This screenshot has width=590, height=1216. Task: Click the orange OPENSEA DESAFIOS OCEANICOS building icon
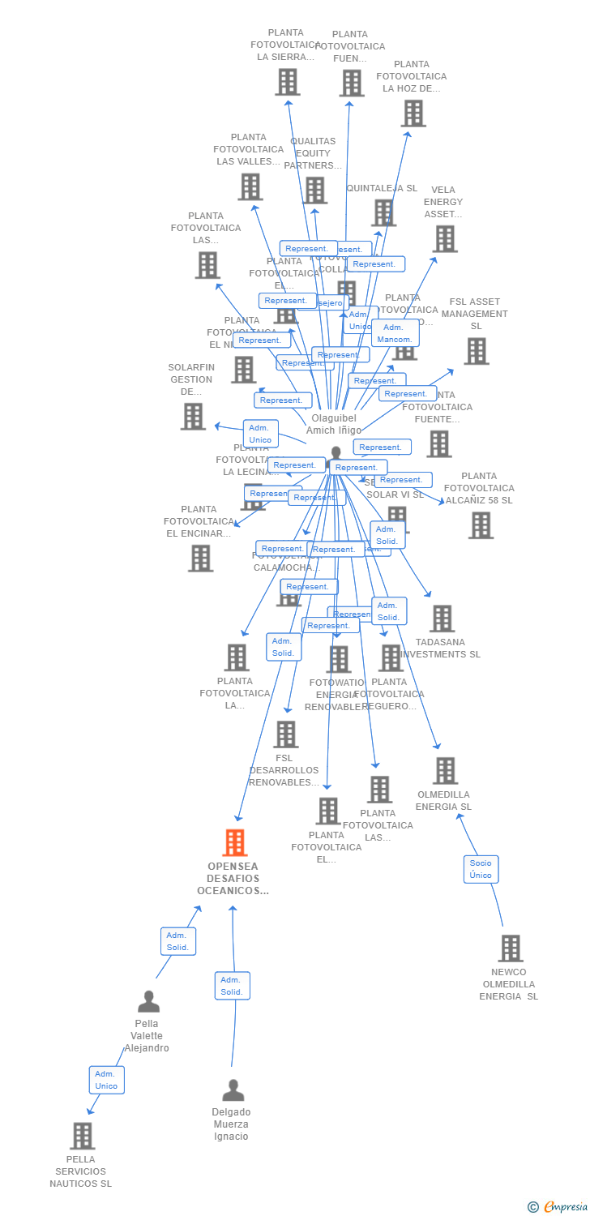point(234,843)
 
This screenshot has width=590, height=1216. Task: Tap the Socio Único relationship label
point(481,869)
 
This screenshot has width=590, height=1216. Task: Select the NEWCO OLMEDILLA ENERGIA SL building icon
point(510,948)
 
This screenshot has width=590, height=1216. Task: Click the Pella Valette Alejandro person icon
point(148,1002)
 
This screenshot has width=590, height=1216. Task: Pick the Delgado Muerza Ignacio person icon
point(233,1090)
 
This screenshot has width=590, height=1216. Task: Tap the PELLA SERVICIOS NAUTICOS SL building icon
point(82,1136)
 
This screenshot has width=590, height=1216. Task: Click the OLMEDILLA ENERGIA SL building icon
point(445,771)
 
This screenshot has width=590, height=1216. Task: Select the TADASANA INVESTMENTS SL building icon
point(442,619)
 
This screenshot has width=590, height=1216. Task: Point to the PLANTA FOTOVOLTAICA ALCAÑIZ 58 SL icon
point(481,525)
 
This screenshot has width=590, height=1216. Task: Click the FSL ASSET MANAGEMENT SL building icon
point(477,351)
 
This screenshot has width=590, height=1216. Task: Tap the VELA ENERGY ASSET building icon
point(445,239)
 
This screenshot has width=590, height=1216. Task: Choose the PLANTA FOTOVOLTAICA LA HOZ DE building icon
point(413,113)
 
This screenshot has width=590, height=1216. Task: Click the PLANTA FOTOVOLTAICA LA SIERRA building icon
point(287,82)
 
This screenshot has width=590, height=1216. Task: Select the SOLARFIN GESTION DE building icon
point(193,416)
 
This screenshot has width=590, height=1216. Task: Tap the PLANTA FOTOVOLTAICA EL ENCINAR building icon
point(200,558)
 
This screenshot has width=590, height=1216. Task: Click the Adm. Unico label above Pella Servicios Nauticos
point(106,1080)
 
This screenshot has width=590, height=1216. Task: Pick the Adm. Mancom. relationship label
point(395,333)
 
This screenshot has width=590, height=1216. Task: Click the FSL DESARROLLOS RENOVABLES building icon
point(285,734)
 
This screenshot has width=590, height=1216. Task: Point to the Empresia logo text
point(565,1207)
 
